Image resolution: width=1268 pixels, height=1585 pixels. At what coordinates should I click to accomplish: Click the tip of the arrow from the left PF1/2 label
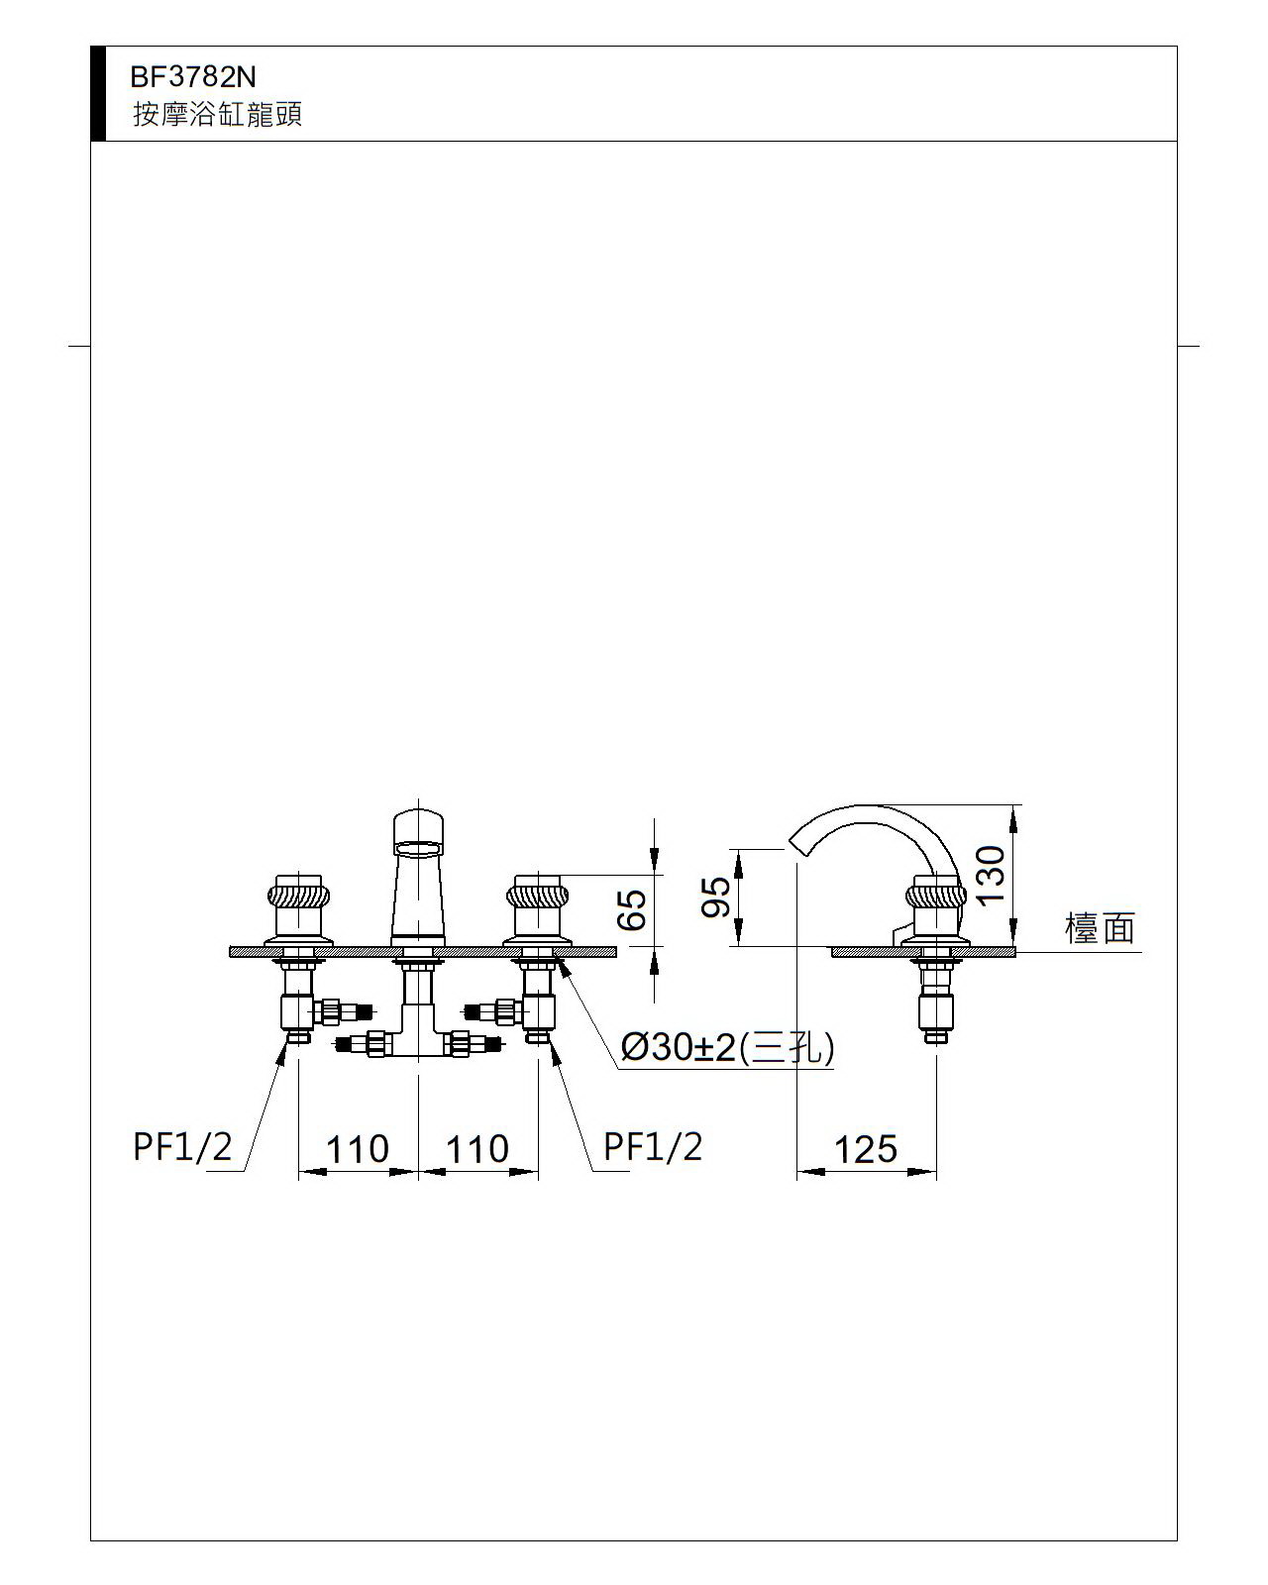286,1045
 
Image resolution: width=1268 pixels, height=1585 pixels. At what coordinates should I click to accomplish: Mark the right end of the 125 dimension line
936,1171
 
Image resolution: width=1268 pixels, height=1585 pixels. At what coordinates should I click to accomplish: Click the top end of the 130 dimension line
1013,805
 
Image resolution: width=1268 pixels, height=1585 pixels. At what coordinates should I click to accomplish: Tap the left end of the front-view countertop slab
230,952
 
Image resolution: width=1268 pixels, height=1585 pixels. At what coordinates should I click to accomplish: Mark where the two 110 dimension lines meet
418,1171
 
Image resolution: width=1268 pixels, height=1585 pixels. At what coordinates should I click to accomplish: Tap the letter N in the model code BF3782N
246,77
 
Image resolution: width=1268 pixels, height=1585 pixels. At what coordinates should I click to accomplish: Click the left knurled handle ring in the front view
298,897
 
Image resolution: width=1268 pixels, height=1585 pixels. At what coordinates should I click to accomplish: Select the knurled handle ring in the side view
936,897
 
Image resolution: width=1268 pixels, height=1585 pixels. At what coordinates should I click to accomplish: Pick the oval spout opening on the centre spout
418,849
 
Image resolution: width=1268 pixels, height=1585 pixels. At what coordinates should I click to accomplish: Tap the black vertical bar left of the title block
98,93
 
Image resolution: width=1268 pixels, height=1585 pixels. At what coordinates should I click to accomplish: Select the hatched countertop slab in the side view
923,952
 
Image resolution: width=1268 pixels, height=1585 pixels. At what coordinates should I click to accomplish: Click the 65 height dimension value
632,910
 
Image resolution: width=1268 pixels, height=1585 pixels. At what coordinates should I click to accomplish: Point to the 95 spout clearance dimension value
716,897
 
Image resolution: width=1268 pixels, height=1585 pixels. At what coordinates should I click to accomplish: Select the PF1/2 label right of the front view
653,1147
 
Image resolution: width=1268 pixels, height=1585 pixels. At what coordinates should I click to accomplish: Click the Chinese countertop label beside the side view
1100,928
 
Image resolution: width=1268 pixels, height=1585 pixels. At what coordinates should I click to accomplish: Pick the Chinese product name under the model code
217,115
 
